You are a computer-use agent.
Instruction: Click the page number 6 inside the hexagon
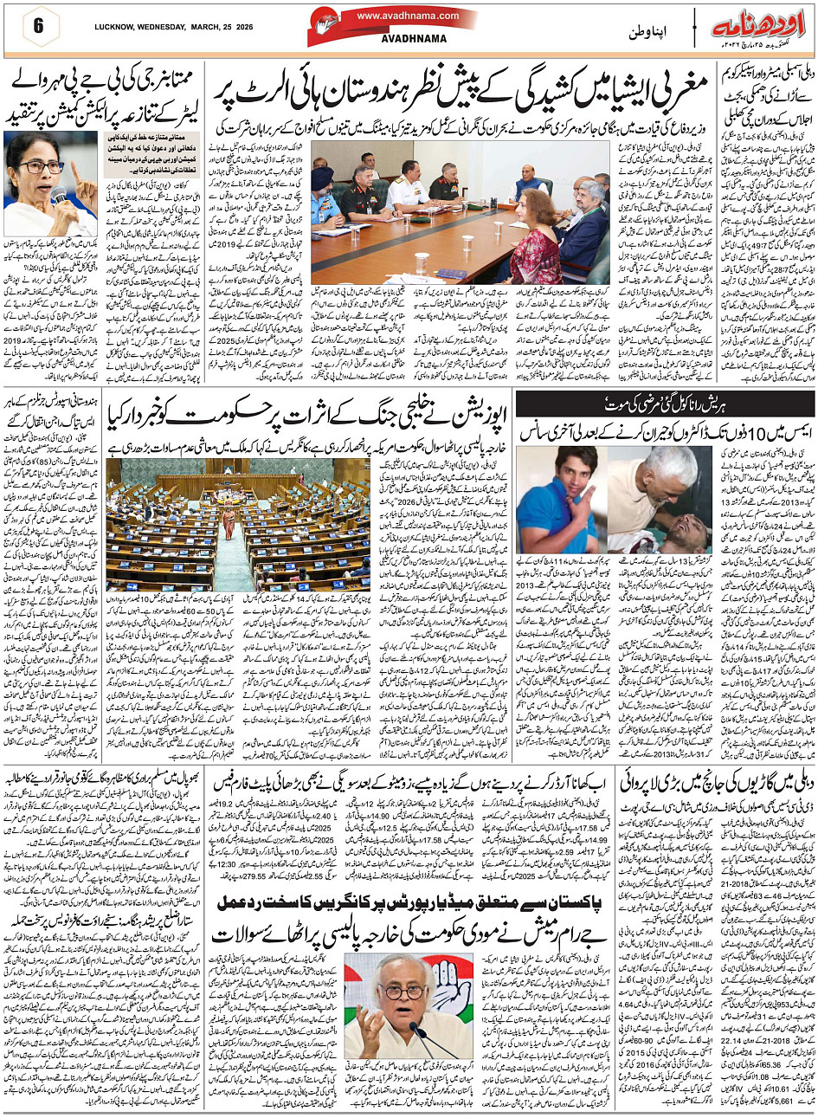pyautogui.click(x=39, y=25)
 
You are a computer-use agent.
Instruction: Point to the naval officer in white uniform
pyautogui.click(x=405, y=187)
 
